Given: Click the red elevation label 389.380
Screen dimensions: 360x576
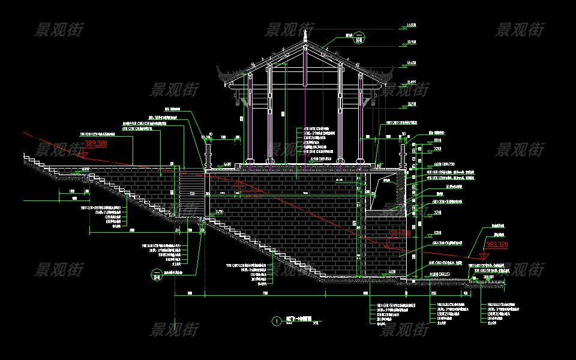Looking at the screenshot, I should point(96,144).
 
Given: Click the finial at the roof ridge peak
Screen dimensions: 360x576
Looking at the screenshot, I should point(305,36).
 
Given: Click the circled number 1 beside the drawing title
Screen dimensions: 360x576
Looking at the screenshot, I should point(276,321).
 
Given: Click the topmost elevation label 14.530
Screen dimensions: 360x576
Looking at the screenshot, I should point(412,25).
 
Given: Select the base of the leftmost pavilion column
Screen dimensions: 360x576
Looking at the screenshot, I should point(247,162).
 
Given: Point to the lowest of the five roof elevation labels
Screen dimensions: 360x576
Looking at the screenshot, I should point(412,104).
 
